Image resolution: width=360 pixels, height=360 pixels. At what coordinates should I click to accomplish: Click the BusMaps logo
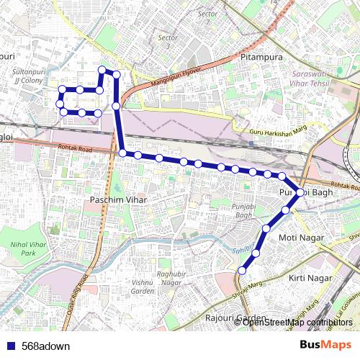pos(325,345)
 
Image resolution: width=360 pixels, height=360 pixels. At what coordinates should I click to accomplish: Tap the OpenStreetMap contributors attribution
pos(297,322)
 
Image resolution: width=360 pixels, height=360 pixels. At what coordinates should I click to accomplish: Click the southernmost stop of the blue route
pos(242,271)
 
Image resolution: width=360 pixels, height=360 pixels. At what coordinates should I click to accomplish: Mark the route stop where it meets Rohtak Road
pos(123,153)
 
